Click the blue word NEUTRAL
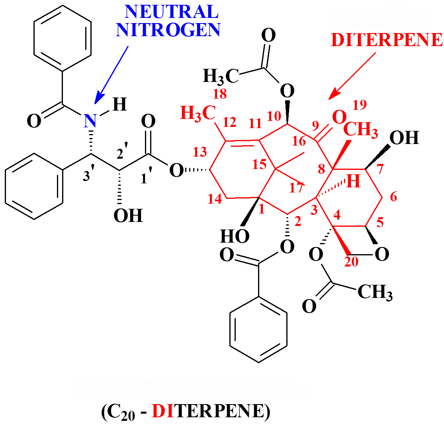click(172, 12)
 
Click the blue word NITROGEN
click(168, 31)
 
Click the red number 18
click(219, 94)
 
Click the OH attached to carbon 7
click(404, 138)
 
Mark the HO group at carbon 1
click(235, 236)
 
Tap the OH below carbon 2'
click(128, 216)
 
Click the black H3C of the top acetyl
click(221, 76)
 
